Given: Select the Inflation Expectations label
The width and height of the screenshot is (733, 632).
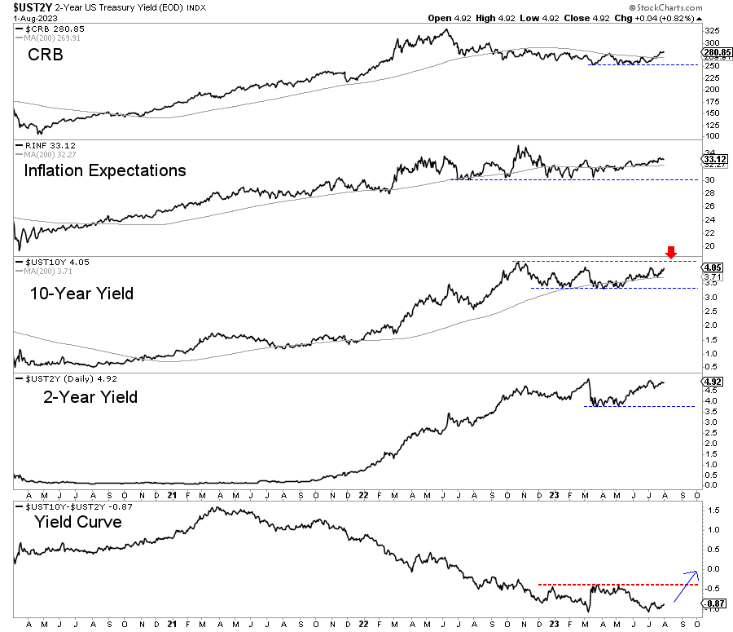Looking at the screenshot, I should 104,170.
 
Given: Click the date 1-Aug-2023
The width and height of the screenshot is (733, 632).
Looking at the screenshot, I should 24,18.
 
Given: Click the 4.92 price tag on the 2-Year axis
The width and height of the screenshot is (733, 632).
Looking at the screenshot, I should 709,381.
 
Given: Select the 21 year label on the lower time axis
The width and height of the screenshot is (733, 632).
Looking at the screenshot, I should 172,495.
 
